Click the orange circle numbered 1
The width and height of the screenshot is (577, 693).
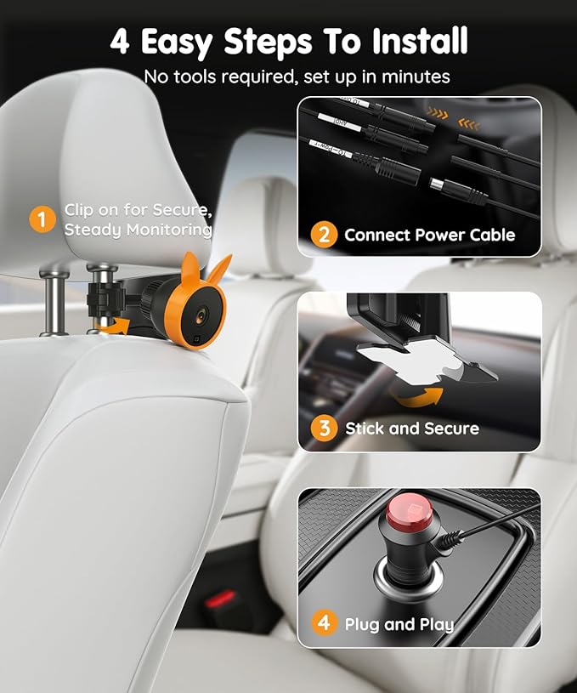42,219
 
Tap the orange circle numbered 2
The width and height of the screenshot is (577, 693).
324,234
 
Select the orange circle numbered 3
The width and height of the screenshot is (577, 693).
324,428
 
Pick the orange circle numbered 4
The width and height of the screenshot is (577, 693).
324,623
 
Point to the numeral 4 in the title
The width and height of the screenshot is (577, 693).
120,41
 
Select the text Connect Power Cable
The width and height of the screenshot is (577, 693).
429,235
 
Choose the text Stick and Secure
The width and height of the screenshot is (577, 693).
412,429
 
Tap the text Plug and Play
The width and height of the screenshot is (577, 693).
399,624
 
